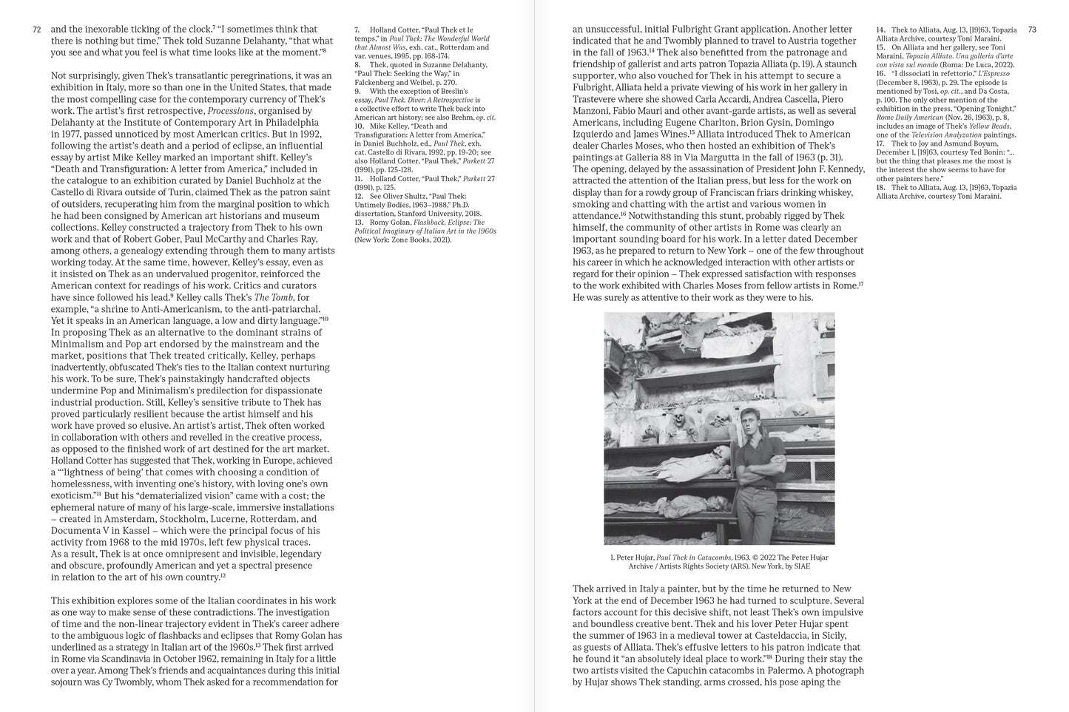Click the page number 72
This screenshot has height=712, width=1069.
[37, 30]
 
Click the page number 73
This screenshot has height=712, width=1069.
[1032, 30]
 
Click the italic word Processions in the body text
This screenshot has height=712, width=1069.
[231, 111]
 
